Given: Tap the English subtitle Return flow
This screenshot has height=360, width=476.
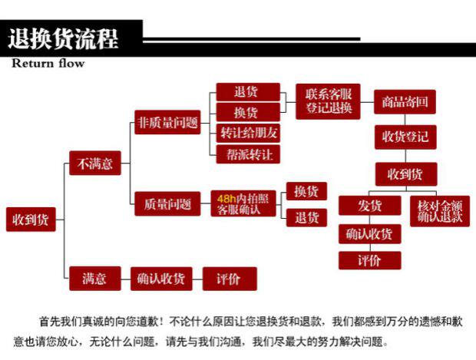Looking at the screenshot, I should tap(48, 64).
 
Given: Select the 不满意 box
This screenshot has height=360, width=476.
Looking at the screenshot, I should tap(95, 163).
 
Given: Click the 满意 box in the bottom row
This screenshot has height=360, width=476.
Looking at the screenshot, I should tap(94, 278).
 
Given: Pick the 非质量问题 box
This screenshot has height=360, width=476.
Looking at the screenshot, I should tap(167, 122).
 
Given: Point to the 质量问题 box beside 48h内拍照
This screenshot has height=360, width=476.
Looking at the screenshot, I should tap(167, 204).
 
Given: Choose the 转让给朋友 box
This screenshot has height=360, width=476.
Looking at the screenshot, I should tap(248, 132).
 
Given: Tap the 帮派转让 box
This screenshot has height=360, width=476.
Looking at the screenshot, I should tap(248, 154).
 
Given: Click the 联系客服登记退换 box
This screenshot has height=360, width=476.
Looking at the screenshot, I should tap(328, 101).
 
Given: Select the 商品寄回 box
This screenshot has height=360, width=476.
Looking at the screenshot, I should tap(405, 102).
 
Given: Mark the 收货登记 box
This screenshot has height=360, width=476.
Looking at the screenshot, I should tap(405, 137).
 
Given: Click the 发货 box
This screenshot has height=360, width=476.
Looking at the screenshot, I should tap(370, 206).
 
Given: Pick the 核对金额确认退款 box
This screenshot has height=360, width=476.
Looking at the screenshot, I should tap(440, 211).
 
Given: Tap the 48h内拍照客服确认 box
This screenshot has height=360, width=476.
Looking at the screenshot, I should tap(243, 203).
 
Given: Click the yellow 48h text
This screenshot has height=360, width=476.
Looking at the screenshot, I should tap(226, 198).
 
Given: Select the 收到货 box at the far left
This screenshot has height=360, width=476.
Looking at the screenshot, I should tap(31, 219).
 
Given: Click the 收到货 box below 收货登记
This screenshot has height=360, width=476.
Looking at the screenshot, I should tap(405, 173).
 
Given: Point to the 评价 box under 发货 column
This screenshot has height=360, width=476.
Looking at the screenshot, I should tap(370, 260).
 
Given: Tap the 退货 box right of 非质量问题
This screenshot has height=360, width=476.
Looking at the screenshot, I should tap(246, 91).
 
